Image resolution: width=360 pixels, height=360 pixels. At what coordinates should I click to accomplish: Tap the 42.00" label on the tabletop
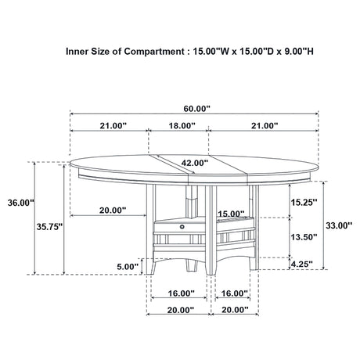195,164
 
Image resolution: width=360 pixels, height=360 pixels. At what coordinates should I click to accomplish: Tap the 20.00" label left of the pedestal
112,210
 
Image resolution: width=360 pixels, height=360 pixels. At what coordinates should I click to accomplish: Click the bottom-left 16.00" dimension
181,293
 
